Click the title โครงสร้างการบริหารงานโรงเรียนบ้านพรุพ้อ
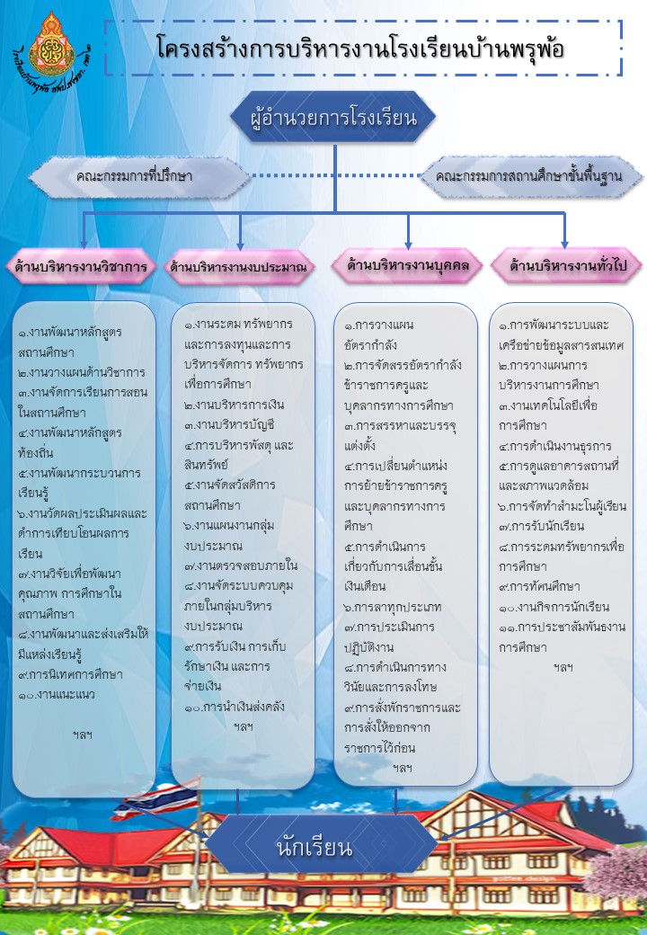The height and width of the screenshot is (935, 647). [360, 48]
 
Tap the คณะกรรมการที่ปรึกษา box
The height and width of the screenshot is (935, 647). [134, 176]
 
